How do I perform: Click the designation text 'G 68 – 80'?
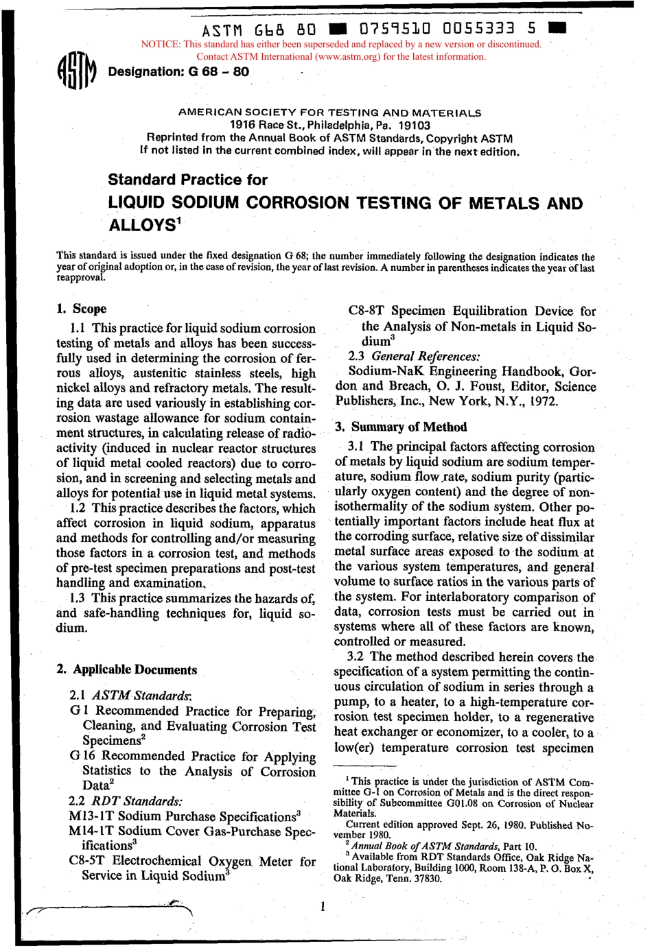coord(218,72)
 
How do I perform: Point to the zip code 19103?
coord(415,126)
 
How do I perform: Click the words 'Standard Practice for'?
coord(187,180)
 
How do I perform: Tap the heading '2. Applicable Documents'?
coord(127,669)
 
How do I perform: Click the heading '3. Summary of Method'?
coord(401,427)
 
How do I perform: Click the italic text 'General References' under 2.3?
coord(426,356)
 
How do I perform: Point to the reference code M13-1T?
coord(94,816)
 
